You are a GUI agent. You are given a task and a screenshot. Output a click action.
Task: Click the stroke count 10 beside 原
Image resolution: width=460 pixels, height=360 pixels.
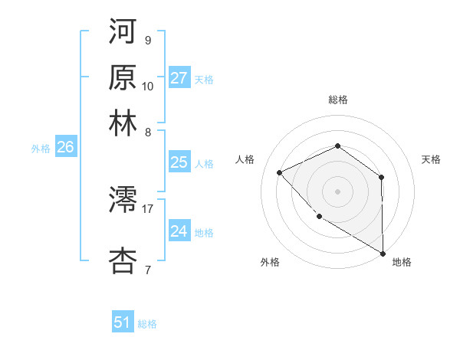[148, 86]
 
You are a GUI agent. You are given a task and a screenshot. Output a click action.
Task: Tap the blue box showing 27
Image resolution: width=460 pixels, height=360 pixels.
[179, 78]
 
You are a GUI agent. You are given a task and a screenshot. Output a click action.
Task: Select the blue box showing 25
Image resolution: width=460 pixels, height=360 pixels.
[179, 162]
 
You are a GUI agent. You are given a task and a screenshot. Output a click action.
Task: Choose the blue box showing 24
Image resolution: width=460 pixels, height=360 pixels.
[179, 231]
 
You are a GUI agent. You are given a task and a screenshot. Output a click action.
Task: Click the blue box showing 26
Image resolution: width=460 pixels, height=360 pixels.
[65, 148]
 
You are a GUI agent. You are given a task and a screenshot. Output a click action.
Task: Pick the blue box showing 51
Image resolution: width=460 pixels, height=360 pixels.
[123, 322]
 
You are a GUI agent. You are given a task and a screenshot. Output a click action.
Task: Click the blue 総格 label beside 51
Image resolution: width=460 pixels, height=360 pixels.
[147, 324]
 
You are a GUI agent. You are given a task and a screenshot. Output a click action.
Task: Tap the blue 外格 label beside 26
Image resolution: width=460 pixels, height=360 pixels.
[41, 149]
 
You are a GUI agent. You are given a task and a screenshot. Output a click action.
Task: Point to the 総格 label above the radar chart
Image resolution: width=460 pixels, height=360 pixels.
[337, 100]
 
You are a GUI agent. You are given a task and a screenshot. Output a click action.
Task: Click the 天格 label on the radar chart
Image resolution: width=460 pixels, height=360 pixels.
[431, 159]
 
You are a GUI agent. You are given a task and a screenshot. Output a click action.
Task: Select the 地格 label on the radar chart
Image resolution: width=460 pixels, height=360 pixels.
[402, 262]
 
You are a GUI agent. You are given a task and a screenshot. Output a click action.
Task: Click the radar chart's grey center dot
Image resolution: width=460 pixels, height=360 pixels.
[337, 191]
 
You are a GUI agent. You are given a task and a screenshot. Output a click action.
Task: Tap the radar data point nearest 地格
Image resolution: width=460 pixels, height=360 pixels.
[383, 254]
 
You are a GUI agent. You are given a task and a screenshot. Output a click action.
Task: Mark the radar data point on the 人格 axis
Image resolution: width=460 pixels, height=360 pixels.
[280, 172]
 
